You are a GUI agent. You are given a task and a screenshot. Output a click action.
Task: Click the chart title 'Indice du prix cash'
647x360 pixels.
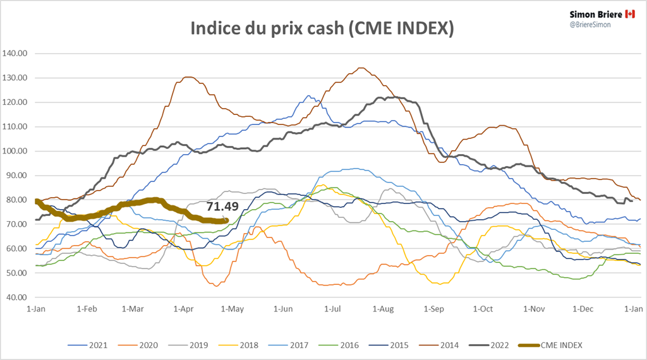323,28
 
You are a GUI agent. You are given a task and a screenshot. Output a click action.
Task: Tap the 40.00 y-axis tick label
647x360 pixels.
18,297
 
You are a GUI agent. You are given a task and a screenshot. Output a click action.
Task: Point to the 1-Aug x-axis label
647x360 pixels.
383,309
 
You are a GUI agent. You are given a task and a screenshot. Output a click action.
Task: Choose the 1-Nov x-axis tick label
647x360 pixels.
534,309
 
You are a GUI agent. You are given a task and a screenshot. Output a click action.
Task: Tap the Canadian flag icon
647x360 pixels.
629,13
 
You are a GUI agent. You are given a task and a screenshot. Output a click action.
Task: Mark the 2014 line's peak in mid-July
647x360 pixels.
360,68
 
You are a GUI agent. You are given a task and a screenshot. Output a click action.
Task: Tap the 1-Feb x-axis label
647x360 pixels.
87,309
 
